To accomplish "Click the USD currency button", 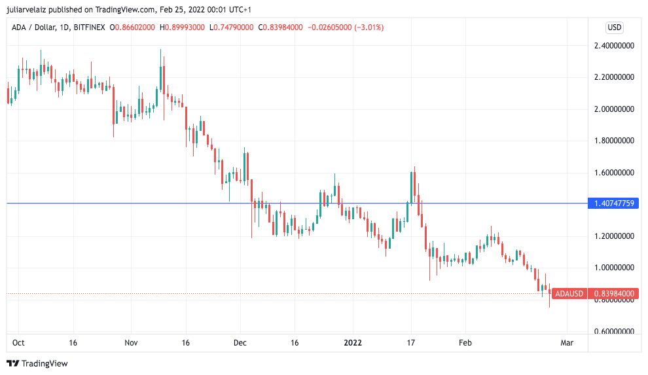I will [615, 27].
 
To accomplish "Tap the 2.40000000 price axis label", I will [615, 46].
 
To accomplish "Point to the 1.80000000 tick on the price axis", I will [615, 141].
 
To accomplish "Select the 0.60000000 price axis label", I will [615, 331].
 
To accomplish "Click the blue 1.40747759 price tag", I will [615, 204].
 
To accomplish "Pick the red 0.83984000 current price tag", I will [615, 294].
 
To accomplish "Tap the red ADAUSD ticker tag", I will [569, 294].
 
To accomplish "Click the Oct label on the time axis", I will [18, 342].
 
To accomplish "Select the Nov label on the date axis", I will [131, 342].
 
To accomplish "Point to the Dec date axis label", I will [240, 342].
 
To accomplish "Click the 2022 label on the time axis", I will [353, 342].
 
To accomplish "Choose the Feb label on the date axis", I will [465, 342].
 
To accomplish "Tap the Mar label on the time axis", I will [567, 342].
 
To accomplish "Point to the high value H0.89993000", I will [182, 27].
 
